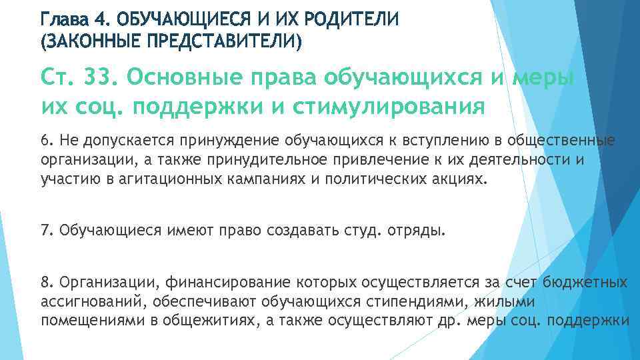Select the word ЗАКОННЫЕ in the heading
tap(95, 43)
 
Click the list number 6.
tap(45, 141)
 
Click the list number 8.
tap(45, 283)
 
